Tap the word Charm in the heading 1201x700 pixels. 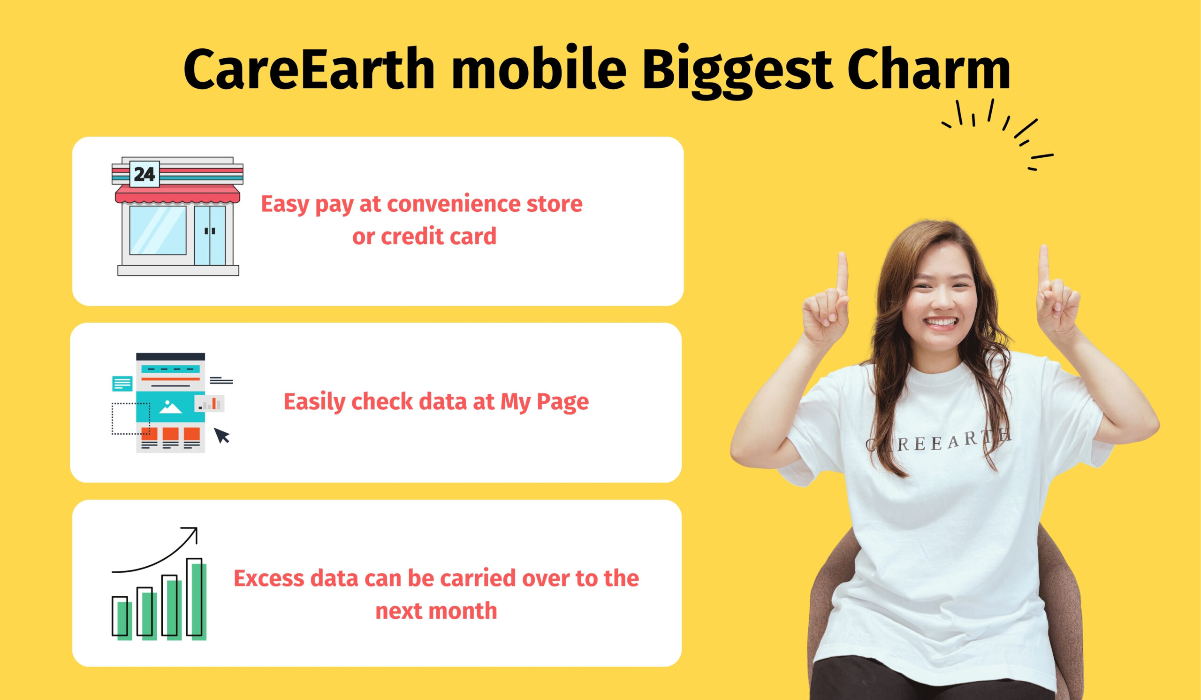929,68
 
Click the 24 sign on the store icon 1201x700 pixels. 144,174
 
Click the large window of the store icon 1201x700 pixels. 158,231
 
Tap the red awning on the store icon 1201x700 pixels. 177,194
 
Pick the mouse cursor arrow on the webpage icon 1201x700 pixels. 221,435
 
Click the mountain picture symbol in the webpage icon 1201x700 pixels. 170,407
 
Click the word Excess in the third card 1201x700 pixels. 269,579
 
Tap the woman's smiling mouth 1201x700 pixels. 941,323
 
